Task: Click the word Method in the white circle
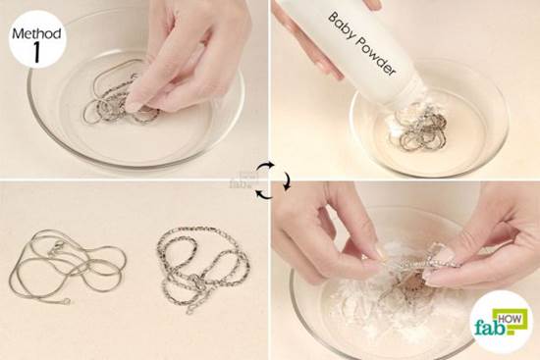(x=37, y=33)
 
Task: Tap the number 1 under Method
(x=36, y=53)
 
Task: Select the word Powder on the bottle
(x=376, y=57)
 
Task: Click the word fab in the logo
(x=491, y=327)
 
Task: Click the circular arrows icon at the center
(x=272, y=180)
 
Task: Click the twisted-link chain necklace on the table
(x=202, y=268)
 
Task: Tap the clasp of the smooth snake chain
(x=57, y=248)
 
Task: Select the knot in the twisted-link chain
(x=197, y=283)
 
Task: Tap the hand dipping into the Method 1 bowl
(x=186, y=55)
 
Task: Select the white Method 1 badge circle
(x=37, y=39)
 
